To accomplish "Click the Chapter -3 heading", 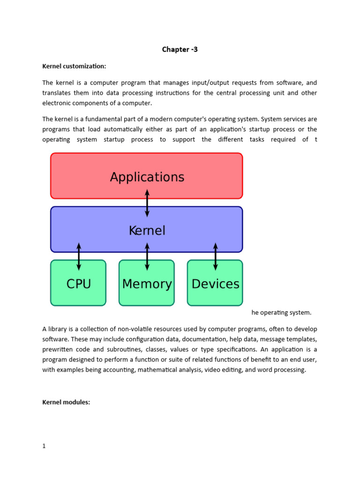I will point(180,49).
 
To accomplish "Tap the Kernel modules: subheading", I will point(66,402).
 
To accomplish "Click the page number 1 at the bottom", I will point(44,446).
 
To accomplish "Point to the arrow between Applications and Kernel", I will point(147,203).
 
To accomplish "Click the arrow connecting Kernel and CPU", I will point(79,256).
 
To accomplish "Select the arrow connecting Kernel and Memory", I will point(147,256).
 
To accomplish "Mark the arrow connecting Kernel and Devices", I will point(216,256).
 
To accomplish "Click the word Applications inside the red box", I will point(147,177).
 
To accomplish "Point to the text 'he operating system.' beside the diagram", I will point(281,313).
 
